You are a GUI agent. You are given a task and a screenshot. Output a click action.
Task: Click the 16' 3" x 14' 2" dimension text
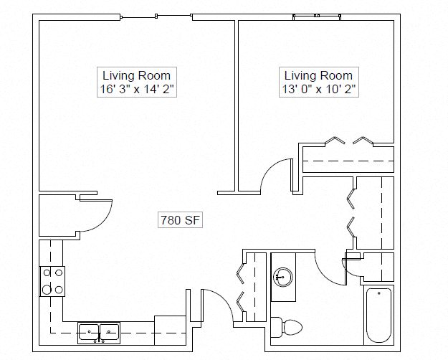(136, 89)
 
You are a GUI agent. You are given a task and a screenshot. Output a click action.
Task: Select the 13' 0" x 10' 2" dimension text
(318, 89)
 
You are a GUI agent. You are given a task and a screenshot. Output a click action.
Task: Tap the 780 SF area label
(181, 221)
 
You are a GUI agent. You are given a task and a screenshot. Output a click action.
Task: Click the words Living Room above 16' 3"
(136, 75)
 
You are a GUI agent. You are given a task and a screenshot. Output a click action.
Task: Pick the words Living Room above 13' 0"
(318, 75)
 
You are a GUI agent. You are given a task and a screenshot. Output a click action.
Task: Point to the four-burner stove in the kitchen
(52, 281)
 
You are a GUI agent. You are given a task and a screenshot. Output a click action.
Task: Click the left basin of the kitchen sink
(89, 332)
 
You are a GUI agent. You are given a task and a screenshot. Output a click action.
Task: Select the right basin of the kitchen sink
(109, 332)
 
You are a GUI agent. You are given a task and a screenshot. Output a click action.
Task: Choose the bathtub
(378, 316)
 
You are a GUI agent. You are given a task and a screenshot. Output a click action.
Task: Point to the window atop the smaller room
(315, 16)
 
